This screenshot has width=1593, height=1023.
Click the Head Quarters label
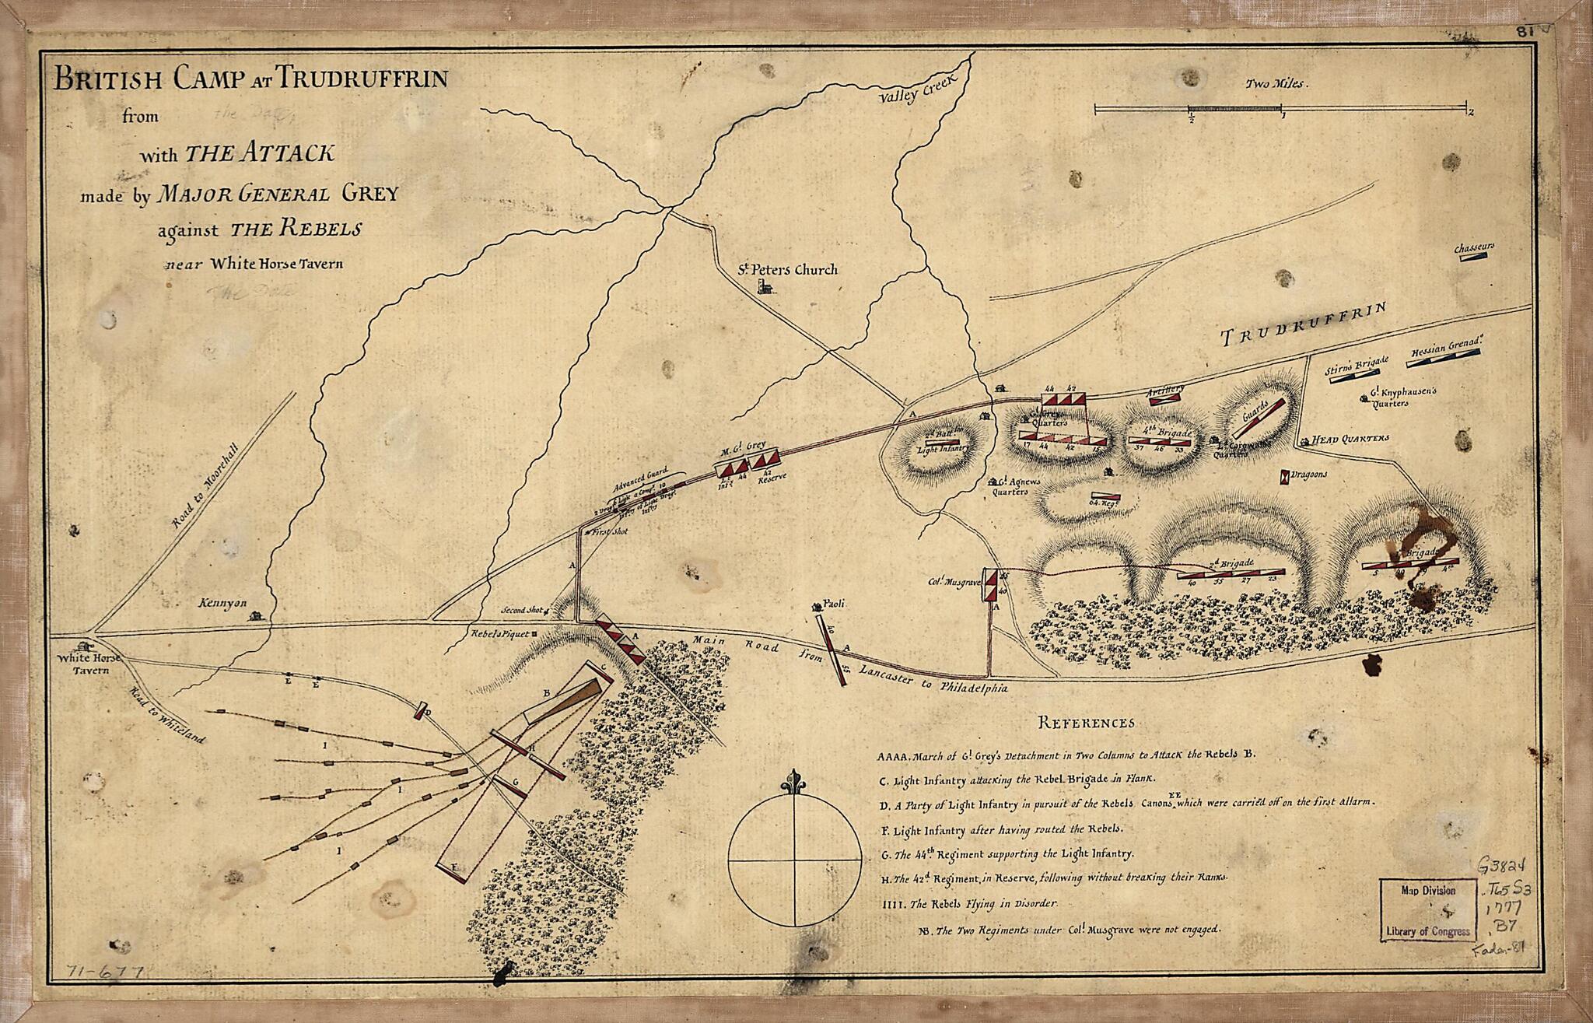tap(1350, 439)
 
